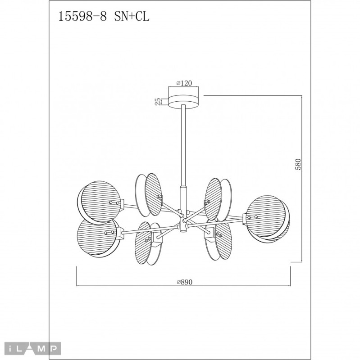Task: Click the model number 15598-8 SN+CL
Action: coord(104,17)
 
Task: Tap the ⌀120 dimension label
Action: coord(184,83)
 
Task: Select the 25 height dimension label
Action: coord(158,101)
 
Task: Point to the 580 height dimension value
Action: coord(298,165)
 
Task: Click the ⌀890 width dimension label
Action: coord(184,282)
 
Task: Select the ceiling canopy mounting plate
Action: coord(184,101)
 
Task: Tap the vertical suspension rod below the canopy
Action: coord(184,144)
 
